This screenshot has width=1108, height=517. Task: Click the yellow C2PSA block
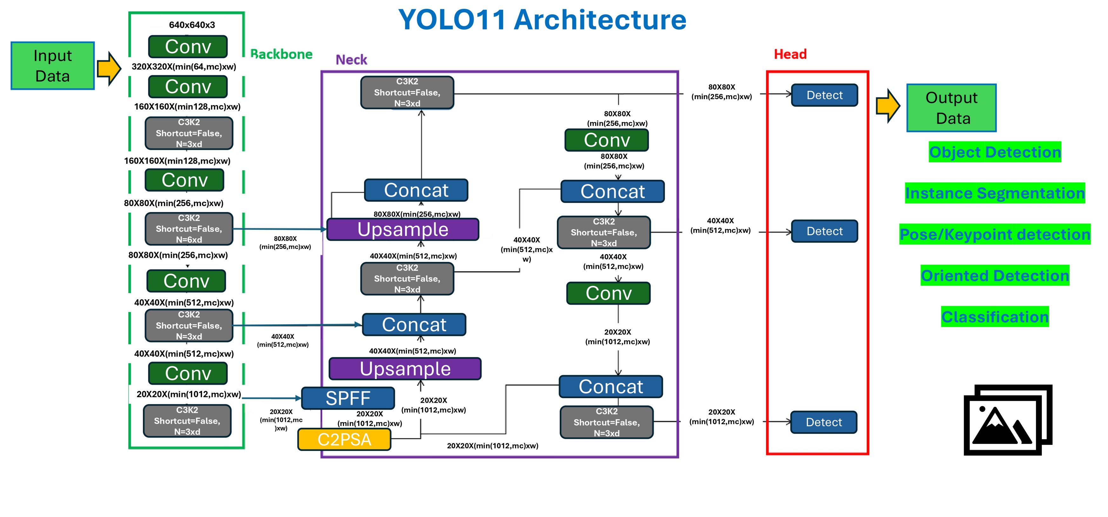(x=344, y=440)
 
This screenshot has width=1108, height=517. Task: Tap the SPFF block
(x=348, y=398)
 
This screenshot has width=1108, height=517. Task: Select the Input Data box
(x=52, y=66)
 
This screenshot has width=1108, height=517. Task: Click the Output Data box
(x=951, y=108)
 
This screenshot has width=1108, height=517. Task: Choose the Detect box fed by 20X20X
(x=824, y=422)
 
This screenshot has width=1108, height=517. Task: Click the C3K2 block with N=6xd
(x=189, y=229)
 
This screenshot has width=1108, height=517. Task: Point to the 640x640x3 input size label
(x=192, y=25)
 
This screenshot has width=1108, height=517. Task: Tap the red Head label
(x=790, y=54)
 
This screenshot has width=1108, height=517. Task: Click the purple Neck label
(x=351, y=60)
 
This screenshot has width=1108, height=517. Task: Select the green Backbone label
(x=281, y=54)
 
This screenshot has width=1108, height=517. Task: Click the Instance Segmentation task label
(x=995, y=193)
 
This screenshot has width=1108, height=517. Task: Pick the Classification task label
(x=995, y=317)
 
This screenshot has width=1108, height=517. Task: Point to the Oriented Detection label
(x=995, y=275)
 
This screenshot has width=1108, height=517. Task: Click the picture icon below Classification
(x=1007, y=420)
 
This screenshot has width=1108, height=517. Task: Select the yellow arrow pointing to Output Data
(x=887, y=105)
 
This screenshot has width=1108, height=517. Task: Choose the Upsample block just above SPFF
(x=405, y=369)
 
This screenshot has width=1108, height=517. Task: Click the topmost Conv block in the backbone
(x=188, y=46)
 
